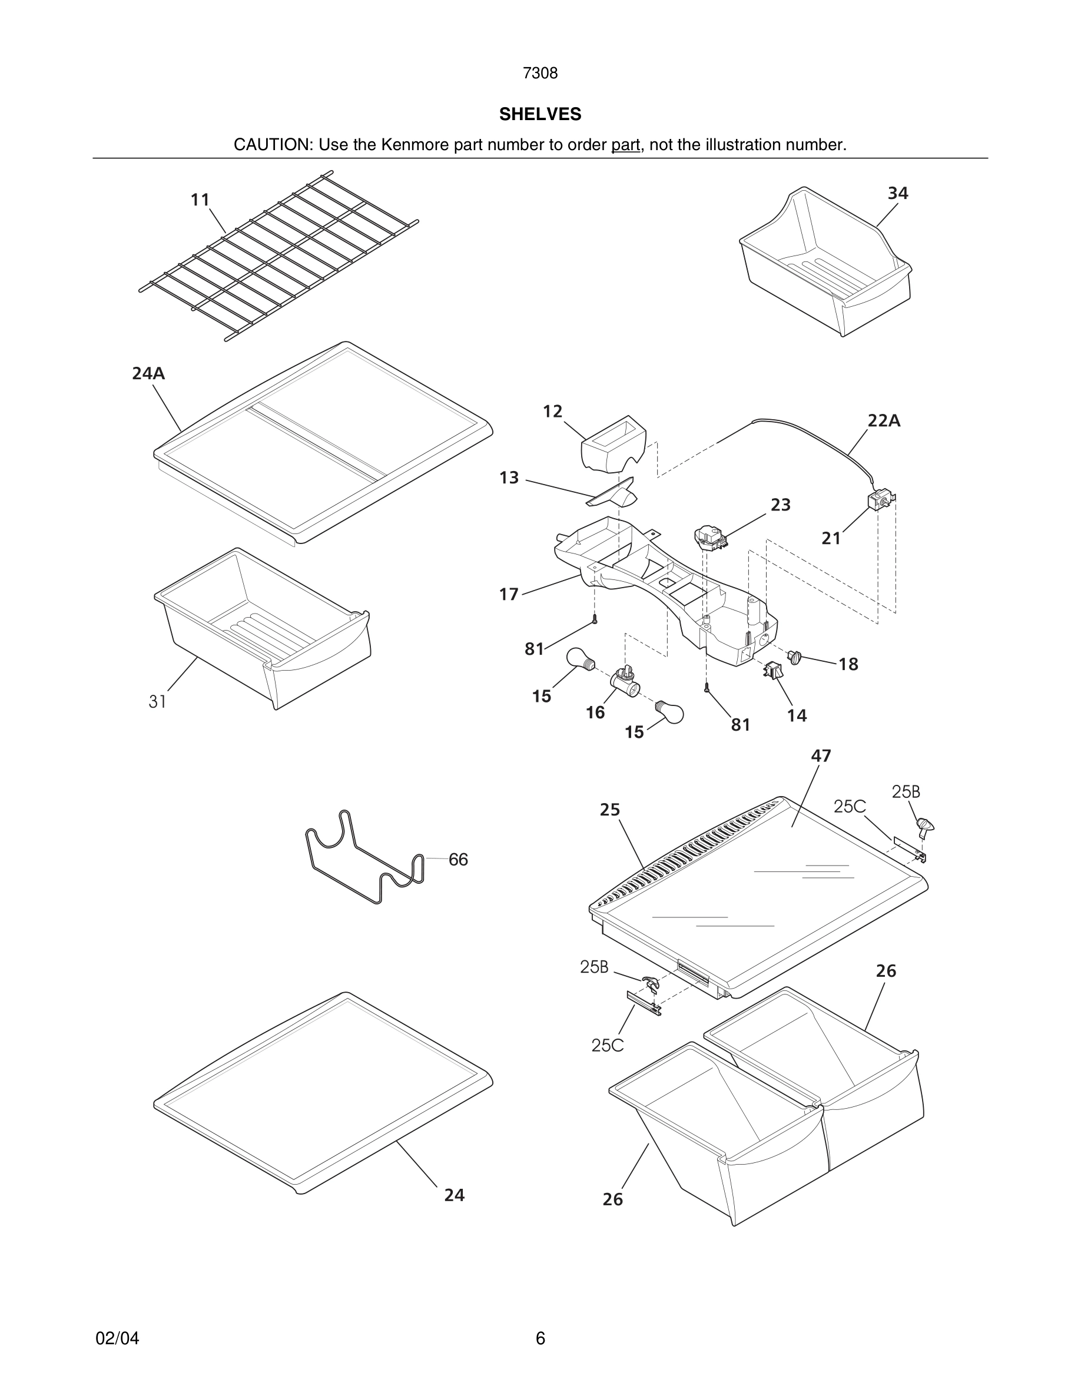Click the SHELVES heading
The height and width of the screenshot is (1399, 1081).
point(540,114)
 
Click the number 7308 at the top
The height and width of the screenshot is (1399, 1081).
point(540,74)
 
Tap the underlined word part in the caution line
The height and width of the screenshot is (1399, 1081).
point(625,145)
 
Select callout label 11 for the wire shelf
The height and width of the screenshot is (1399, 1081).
point(200,200)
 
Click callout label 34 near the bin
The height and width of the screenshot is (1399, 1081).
point(897,193)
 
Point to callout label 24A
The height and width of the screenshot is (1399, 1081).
point(148,373)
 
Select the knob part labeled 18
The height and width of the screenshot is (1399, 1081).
point(795,657)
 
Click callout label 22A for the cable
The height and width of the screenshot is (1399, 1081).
point(884,421)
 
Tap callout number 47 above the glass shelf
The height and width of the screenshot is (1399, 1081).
point(820,756)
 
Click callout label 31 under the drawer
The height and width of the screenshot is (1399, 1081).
point(158,702)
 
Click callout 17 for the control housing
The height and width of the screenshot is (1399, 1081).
point(509,595)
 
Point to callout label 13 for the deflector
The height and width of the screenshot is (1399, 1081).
point(509,478)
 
